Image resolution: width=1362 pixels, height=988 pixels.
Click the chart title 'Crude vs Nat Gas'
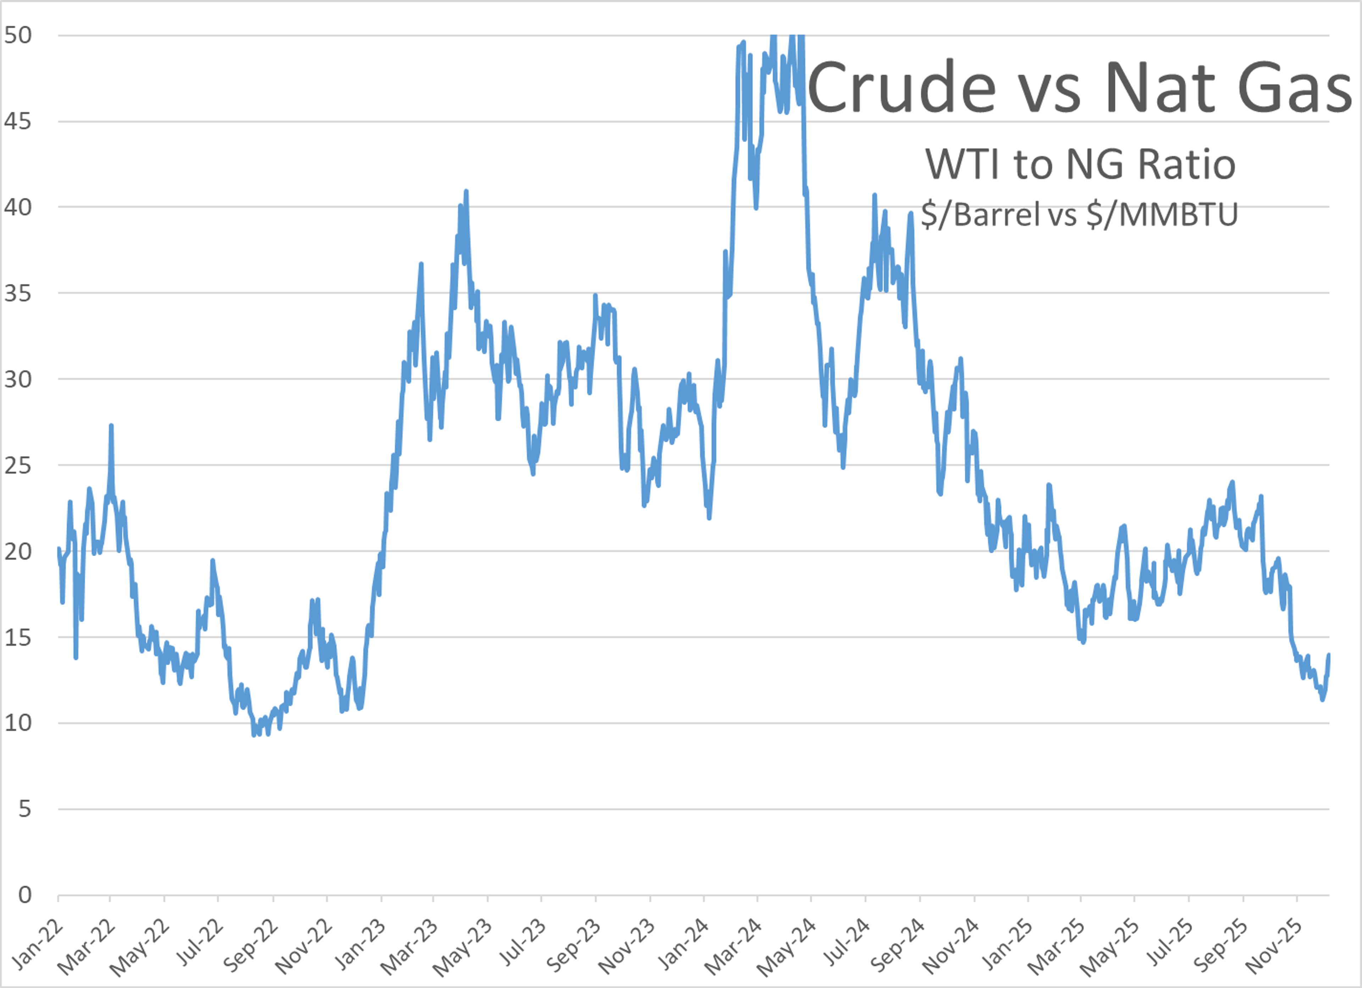click(x=1080, y=87)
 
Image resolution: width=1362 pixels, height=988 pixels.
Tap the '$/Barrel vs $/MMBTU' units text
click(x=1079, y=215)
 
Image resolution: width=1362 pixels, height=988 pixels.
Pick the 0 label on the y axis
click(x=24, y=895)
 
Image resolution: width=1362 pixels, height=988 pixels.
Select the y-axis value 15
click(x=18, y=637)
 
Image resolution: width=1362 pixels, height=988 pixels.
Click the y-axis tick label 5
click(x=24, y=809)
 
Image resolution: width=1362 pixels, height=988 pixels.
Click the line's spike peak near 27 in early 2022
click(x=111, y=426)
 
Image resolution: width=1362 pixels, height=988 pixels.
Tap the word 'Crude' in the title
click(x=901, y=87)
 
